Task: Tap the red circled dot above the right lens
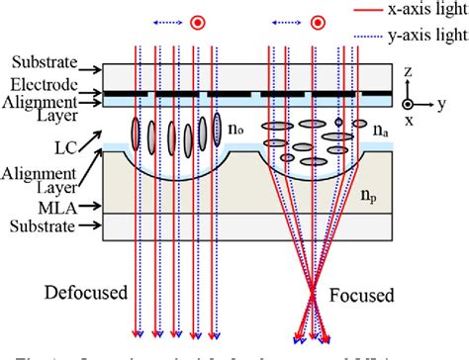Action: click(318, 21)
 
